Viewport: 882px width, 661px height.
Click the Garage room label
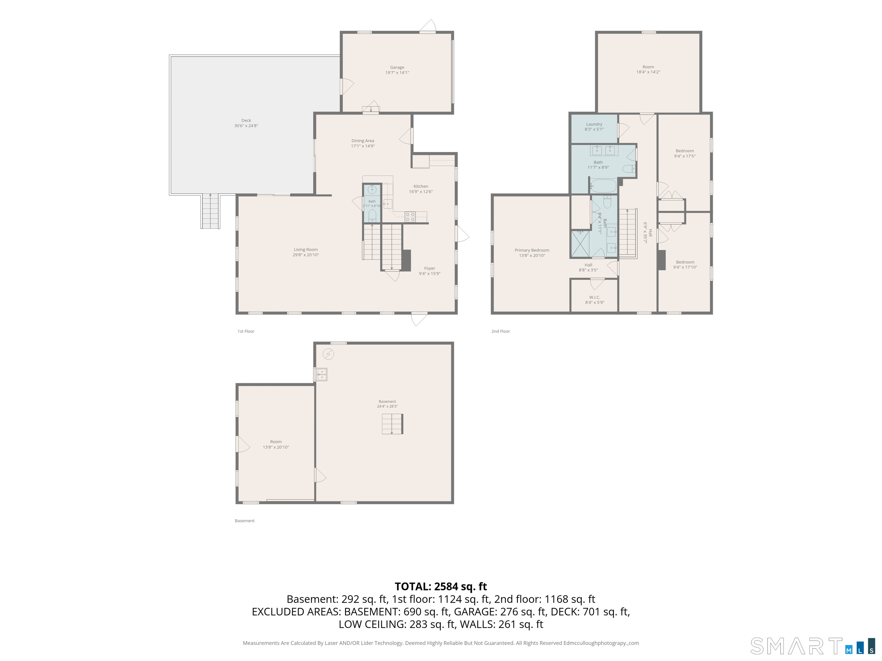[x=397, y=67]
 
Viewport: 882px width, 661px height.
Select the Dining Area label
[x=363, y=141]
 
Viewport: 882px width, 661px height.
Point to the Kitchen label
[x=421, y=186]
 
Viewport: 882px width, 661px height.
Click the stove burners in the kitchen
[x=410, y=217]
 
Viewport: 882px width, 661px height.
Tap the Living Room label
[x=306, y=249]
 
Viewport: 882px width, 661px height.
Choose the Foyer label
[x=430, y=268]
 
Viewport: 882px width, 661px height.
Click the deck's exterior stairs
[x=210, y=211]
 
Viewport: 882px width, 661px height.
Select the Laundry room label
[x=594, y=124]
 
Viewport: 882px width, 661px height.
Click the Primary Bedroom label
[x=532, y=250]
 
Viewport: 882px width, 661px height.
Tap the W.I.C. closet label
[x=595, y=297]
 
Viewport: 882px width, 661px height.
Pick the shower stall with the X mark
[x=581, y=244]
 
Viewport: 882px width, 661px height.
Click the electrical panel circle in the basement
[x=328, y=354]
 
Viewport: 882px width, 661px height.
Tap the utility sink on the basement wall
[x=321, y=374]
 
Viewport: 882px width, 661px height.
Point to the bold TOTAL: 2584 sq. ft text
[x=441, y=586]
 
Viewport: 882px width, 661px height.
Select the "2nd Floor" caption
[x=500, y=331]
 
